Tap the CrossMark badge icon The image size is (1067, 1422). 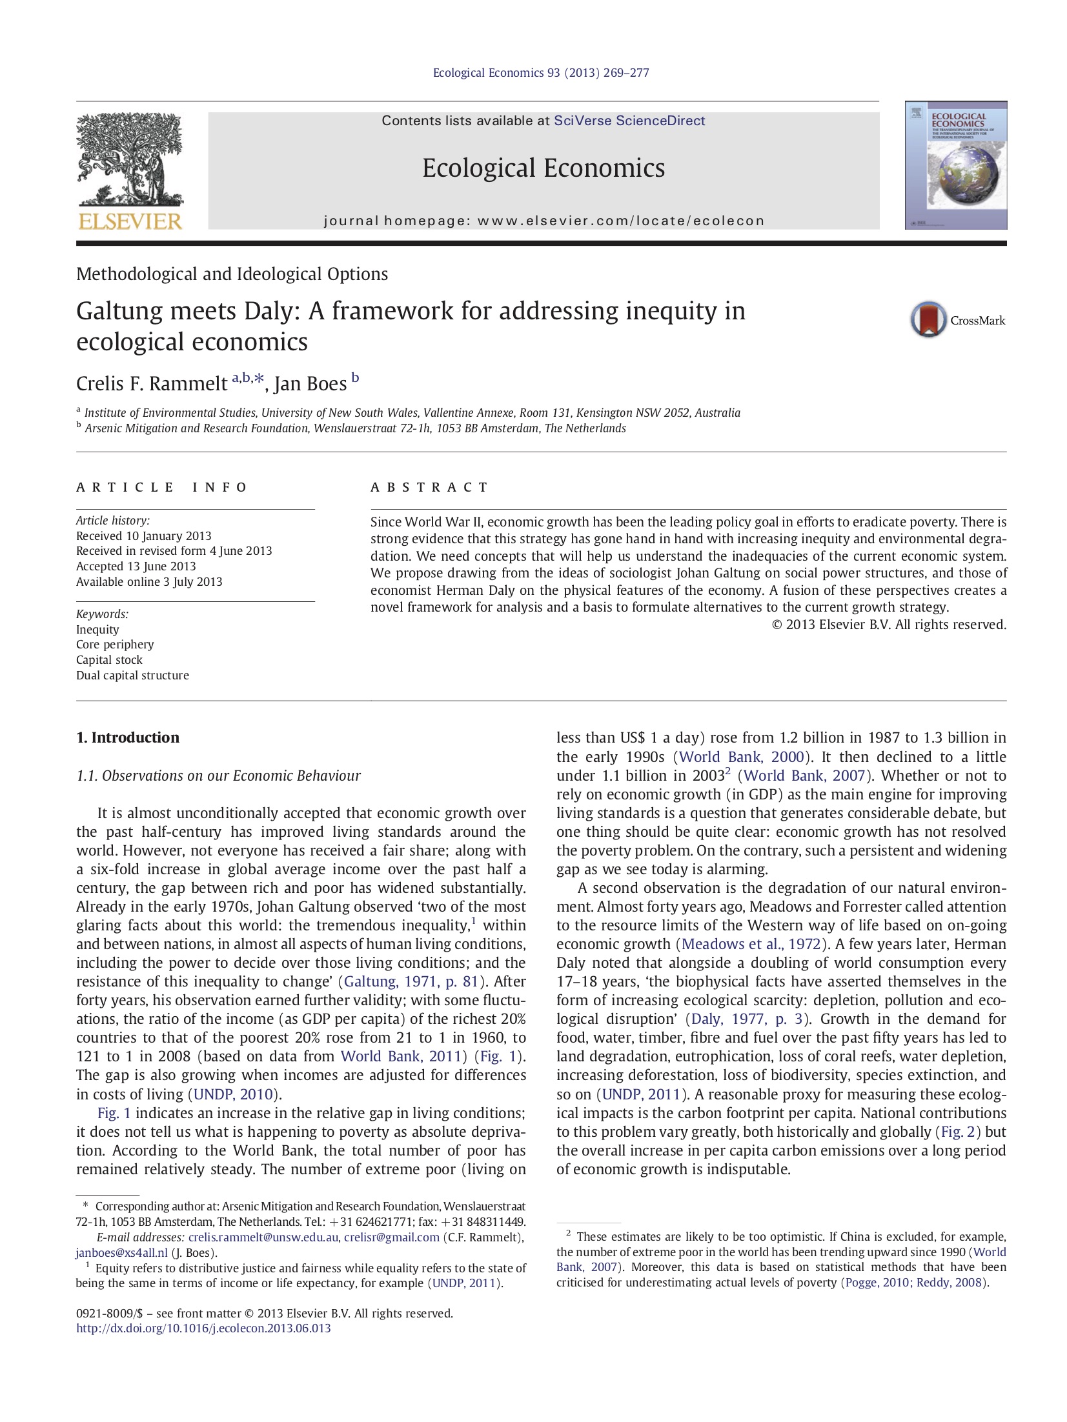(x=928, y=319)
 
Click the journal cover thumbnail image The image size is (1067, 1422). (x=955, y=165)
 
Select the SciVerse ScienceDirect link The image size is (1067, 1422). (x=629, y=121)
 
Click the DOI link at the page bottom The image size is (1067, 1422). (x=203, y=1328)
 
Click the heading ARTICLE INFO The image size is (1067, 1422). (x=162, y=487)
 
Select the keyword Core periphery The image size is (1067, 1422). (x=115, y=645)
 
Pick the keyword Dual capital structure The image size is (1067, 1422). (x=132, y=676)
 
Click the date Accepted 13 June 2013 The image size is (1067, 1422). (x=136, y=566)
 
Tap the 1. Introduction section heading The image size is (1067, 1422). (x=128, y=737)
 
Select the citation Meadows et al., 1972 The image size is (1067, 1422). (x=751, y=944)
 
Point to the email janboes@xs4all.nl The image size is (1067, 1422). (x=121, y=1253)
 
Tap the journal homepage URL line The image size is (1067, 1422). (x=544, y=221)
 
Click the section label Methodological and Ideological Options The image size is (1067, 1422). (x=232, y=274)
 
